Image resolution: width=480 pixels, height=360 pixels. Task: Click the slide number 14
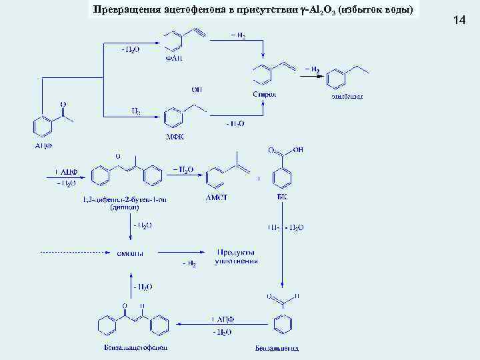(459, 21)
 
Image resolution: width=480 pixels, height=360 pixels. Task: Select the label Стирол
(265, 95)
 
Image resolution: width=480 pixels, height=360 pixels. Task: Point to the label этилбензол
(347, 96)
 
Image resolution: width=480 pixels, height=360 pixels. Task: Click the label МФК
(175, 137)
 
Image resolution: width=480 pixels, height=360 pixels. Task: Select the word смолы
(130, 253)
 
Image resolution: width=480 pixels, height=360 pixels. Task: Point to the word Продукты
(236, 252)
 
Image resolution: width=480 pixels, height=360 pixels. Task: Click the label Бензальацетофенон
(131, 347)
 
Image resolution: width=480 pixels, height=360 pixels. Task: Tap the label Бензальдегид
(277, 347)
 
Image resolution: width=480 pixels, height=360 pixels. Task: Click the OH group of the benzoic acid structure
(297, 151)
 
